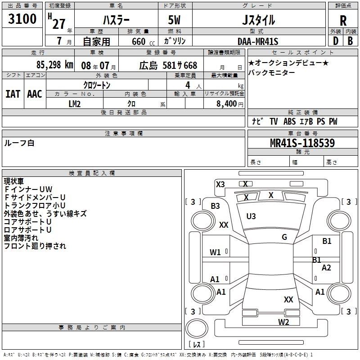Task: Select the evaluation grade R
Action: (343, 20)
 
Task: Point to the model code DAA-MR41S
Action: (258, 41)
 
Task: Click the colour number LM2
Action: (74, 103)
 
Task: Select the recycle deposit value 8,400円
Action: (229, 104)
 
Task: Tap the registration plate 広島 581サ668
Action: (168, 65)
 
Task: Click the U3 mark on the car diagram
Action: (251, 216)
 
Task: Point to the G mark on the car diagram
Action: (284, 237)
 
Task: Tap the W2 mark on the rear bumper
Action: (283, 322)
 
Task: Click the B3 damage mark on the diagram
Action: (215, 206)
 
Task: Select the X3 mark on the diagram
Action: (220, 184)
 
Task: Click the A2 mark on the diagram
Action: (326, 268)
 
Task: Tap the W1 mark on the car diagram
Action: (215, 252)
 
